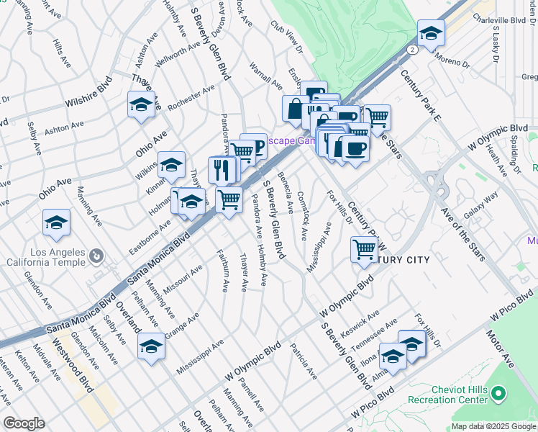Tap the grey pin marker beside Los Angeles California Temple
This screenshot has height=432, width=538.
click(95, 256)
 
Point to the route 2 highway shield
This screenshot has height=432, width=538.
click(411, 50)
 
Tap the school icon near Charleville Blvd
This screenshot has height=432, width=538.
click(430, 33)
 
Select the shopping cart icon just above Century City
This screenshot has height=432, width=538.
click(365, 249)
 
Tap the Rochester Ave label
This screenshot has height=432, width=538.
click(191, 98)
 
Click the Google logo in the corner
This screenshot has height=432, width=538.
click(24, 423)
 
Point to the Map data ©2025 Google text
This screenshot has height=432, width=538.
click(493, 426)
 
